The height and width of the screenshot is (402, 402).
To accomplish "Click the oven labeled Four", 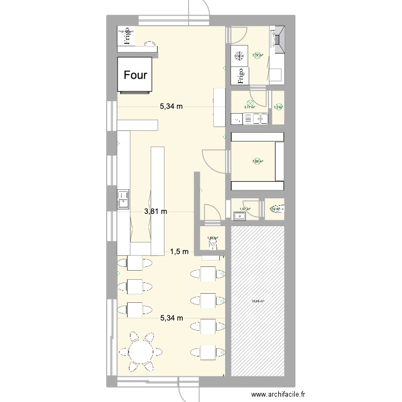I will click(136, 75).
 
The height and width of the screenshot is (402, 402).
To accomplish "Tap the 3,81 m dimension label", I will click(155, 211).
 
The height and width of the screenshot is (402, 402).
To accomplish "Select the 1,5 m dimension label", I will click(179, 251).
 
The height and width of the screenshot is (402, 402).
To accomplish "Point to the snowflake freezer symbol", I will click(239, 56).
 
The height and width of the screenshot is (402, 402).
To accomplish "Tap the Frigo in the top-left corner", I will click(127, 38).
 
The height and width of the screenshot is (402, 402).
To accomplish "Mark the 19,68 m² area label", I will click(257, 302).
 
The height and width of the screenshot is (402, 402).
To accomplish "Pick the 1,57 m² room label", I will click(245, 209).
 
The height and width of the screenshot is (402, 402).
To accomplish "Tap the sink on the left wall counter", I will click(123, 198).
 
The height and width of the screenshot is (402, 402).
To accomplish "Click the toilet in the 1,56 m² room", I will click(213, 243).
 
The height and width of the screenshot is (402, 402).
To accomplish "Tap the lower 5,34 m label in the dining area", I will click(172, 318).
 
